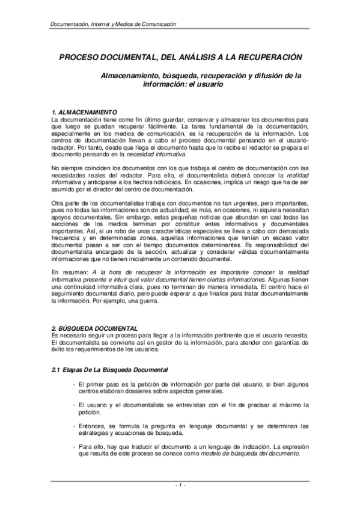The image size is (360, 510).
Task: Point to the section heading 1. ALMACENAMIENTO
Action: click(83, 112)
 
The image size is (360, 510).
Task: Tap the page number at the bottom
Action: click(180, 485)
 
